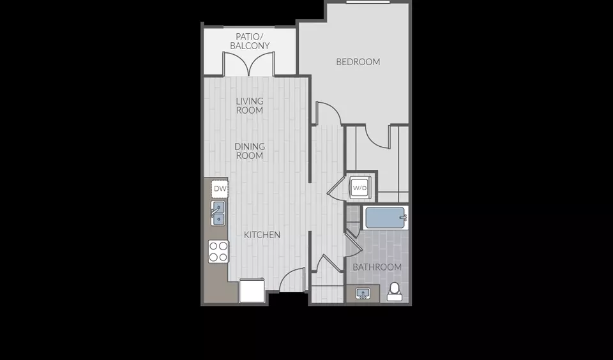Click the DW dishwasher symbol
[220, 189]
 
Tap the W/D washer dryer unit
[359, 188]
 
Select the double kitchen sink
[218, 213]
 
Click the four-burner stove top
[218, 251]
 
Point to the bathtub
[386, 218]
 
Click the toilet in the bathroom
[395, 292]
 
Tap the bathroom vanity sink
[363, 294]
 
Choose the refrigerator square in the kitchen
[252, 290]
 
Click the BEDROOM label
[358, 62]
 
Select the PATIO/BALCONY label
[250, 41]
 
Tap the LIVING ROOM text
[250, 105]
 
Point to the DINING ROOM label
[250, 151]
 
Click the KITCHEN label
[262, 235]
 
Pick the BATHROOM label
[377, 267]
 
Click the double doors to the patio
[248, 64]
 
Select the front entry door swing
[292, 280]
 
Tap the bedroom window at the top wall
[368, 2]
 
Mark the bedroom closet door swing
[377, 137]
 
